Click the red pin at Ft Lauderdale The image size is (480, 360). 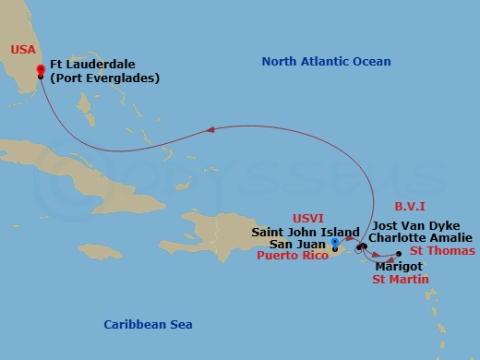pos(40,69)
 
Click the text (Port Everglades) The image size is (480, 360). pos(106,78)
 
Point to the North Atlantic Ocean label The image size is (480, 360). pos(326,62)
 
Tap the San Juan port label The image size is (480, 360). pos(298,245)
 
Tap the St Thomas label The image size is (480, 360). pos(443,250)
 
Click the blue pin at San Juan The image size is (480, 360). pos(334,242)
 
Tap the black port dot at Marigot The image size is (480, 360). pos(398,253)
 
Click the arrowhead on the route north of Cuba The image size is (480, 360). pos(211,129)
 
